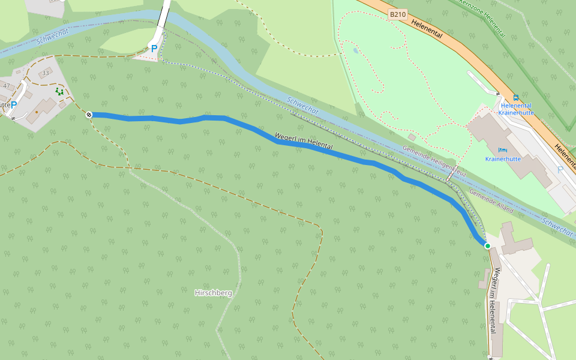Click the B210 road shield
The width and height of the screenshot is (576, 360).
point(397,14)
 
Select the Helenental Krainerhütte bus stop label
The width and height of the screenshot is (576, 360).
point(516,109)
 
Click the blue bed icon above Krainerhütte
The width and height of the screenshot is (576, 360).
point(502,149)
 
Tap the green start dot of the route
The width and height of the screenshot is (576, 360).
point(488,246)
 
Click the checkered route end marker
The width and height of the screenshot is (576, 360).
point(89,114)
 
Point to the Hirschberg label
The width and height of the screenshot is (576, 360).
point(213,293)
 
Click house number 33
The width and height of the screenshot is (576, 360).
point(46,73)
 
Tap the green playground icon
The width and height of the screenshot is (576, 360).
point(59,91)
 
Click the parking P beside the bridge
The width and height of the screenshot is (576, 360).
point(154,49)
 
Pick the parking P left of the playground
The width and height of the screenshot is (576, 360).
point(14,105)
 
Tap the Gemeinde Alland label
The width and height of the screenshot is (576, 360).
point(491,202)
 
